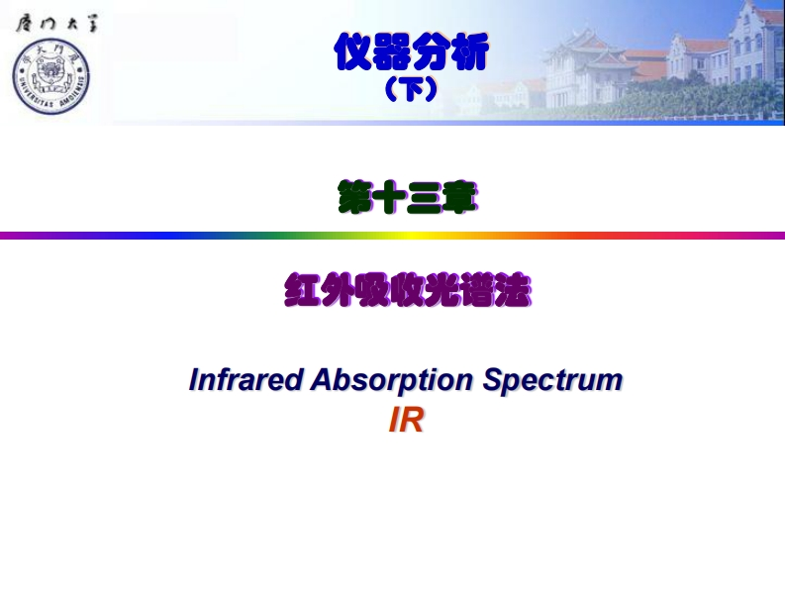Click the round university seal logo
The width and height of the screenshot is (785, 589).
50,76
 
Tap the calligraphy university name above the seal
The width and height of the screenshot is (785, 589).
55,24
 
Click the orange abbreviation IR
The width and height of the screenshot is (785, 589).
407,421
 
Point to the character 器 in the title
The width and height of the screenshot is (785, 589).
391,52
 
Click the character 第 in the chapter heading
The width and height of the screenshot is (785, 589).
355,198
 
